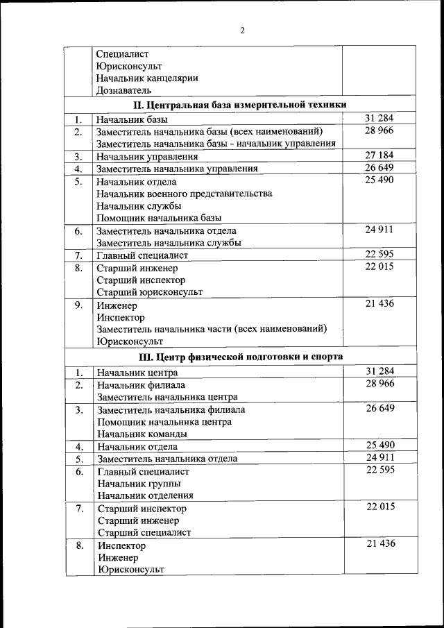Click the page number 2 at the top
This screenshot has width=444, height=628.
click(x=242, y=30)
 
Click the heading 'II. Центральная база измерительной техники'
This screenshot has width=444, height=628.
click(x=240, y=105)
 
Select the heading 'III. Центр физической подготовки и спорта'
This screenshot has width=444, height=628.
click(x=240, y=357)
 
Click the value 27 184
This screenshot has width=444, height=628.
click(x=379, y=155)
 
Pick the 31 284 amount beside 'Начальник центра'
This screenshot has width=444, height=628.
click(x=379, y=371)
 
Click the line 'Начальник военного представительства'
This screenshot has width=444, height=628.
click(x=184, y=194)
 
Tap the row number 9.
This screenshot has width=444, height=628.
click(x=79, y=305)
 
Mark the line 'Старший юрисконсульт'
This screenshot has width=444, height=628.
click(x=149, y=292)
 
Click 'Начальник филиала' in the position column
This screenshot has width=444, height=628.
click(x=141, y=384)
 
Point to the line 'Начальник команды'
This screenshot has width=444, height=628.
click(x=142, y=434)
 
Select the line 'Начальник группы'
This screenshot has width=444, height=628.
click(x=139, y=484)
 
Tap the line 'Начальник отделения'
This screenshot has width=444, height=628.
click(x=145, y=495)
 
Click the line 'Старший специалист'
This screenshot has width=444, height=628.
click(x=144, y=533)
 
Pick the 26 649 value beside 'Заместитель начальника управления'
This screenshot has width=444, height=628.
click(x=379, y=167)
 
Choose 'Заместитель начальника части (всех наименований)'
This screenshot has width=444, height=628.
click(x=212, y=329)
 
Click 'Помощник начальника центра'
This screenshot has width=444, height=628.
click(x=164, y=422)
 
